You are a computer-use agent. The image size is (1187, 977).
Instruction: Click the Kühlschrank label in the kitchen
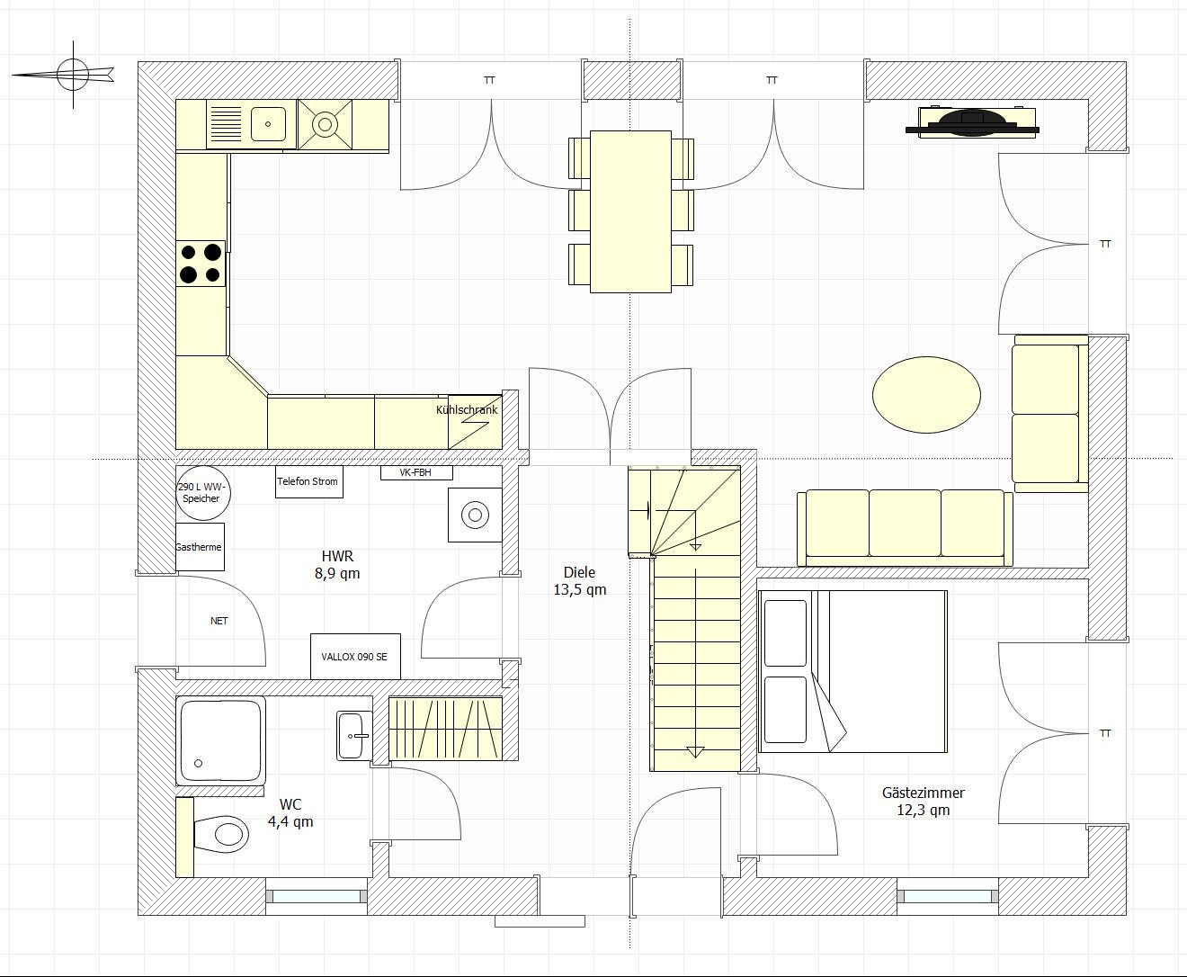(x=467, y=410)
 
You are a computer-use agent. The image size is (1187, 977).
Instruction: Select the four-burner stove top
(x=201, y=264)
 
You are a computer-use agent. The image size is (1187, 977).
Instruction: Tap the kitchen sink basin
(x=268, y=124)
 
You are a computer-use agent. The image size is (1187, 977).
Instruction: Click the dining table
(x=630, y=211)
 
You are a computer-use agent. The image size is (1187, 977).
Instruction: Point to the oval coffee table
(x=926, y=395)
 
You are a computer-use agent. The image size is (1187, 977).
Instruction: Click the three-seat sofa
(x=905, y=528)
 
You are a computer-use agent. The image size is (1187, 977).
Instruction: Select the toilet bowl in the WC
(x=222, y=834)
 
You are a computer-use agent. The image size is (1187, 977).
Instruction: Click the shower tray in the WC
(x=220, y=740)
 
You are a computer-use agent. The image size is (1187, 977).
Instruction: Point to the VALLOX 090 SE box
(x=356, y=657)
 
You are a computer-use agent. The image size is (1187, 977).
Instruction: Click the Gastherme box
(x=200, y=547)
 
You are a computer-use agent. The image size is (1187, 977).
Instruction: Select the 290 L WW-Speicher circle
(x=202, y=493)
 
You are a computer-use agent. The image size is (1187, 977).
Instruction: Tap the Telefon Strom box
(x=309, y=482)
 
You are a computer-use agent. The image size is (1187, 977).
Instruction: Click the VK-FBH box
(x=416, y=473)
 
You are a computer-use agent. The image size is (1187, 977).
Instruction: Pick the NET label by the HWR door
(x=219, y=621)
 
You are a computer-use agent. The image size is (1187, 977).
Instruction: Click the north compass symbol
(x=73, y=75)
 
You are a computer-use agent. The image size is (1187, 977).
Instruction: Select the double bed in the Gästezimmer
(x=852, y=671)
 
